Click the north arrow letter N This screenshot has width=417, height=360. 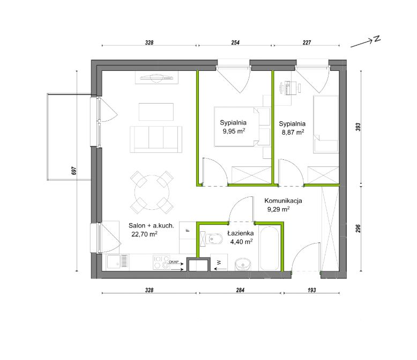377,39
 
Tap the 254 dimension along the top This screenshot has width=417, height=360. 235,42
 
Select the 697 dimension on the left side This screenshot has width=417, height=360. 74,171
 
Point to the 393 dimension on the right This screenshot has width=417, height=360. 358,127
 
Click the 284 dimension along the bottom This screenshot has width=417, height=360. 240,290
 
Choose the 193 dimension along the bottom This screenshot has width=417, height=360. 312,290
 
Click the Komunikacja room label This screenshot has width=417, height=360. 283,201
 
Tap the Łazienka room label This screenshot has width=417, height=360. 241,233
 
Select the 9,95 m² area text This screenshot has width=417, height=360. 234,131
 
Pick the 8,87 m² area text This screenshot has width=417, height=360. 293,133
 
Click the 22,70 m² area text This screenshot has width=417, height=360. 144,234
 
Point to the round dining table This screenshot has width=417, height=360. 152,192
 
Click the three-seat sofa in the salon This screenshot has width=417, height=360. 156,139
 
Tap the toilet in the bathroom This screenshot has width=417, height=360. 212,239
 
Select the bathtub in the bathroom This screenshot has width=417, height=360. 269,248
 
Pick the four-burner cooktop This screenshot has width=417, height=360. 161,262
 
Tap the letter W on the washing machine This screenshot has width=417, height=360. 219,262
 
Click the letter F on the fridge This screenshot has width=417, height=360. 188,230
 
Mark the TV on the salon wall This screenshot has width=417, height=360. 157,77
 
